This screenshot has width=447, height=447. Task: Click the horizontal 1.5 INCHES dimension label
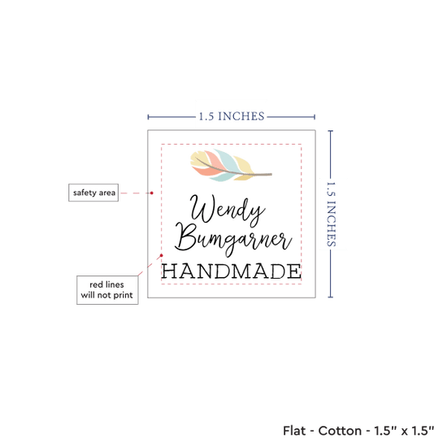click(x=232, y=116)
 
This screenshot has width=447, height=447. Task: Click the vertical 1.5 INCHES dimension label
click(x=331, y=214)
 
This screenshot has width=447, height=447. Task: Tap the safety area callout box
click(x=93, y=193)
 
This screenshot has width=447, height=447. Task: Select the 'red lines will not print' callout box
click(x=107, y=290)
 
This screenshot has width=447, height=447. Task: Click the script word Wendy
click(x=228, y=210)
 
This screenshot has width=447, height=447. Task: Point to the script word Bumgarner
click(x=233, y=239)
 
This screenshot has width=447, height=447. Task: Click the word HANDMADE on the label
click(x=231, y=271)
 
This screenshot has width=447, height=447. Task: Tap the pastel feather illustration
click(x=231, y=165)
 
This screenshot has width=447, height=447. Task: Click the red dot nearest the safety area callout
click(x=152, y=193)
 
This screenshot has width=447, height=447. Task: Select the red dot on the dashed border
click(x=162, y=255)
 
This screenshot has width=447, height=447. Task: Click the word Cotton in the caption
click(x=340, y=431)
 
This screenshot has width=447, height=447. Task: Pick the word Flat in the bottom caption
click(x=294, y=431)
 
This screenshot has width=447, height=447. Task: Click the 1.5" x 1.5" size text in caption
click(x=404, y=431)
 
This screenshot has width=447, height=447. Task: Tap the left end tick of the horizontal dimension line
click(x=148, y=117)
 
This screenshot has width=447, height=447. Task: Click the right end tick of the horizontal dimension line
click(x=315, y=117)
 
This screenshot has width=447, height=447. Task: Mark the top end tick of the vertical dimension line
click(x=331, y=131)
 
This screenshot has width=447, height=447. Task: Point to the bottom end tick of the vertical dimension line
click(x=331, y=297)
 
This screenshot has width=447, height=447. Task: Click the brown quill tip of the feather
click(x=271, y=174)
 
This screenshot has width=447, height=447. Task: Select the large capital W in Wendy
click(x=201, y=208)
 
